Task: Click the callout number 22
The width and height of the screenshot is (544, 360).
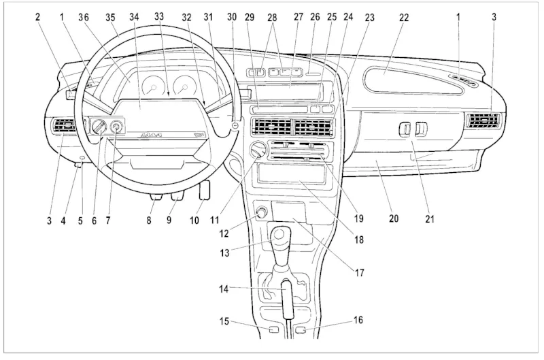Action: click(403, 17)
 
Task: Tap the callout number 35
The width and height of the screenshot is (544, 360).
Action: click(111, 17)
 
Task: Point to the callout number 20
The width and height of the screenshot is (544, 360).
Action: click(394, 219)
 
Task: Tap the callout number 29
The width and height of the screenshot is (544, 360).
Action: click(250, 17)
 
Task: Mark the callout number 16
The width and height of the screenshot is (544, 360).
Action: click(358, 318)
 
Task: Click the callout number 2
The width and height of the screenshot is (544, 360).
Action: click(38, 17)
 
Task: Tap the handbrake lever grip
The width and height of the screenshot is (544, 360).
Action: click(287, 299)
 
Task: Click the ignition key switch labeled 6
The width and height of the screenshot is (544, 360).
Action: click(99, 126)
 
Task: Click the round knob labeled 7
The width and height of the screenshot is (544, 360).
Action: click(116, 125)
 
